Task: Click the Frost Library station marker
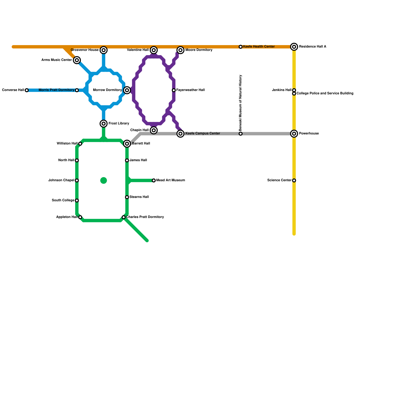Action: (x=104, y=124)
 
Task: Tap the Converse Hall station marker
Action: (x=27, y=90)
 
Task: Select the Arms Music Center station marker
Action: (x=77, y=60)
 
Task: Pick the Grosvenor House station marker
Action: (x=104, y=50)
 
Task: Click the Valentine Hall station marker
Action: (x=154, y=50)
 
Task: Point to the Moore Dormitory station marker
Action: (x=180, y=50)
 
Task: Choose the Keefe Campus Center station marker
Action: (x=180, y=134)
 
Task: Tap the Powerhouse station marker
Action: (x=294, y=134)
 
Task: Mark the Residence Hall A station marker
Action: (x=294, y=47)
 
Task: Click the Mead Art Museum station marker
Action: (x=154, y=180)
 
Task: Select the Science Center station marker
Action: (x=294, y=180)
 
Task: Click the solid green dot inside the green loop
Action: (x=104, y=180)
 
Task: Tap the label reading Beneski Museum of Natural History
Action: (x=240, y=103)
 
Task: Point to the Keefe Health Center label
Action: (x=259, y=47)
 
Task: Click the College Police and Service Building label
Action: (x=325, y=93)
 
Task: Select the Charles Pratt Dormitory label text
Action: (x=145, y=217)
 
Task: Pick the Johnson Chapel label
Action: (x=61, y=180)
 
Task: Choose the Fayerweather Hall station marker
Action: (x=174, y=90)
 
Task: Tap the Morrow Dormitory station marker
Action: (x=127, y=90)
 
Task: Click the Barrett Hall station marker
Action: (x=127, y=144)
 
